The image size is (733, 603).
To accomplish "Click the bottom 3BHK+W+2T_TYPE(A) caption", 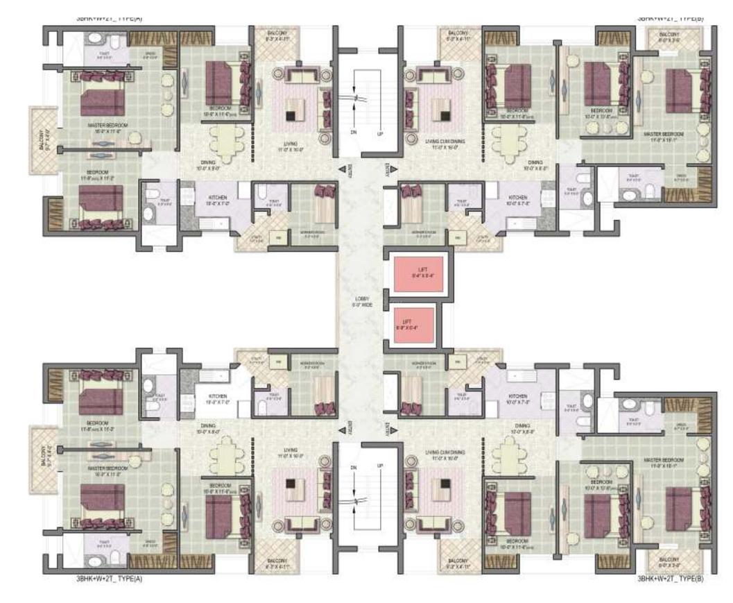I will click(110, 577).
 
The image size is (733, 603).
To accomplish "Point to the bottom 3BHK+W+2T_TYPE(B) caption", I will click(670, 577).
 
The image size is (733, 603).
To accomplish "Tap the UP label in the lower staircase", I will click(380, 466).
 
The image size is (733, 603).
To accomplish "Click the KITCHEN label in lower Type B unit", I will click(517, 398).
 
